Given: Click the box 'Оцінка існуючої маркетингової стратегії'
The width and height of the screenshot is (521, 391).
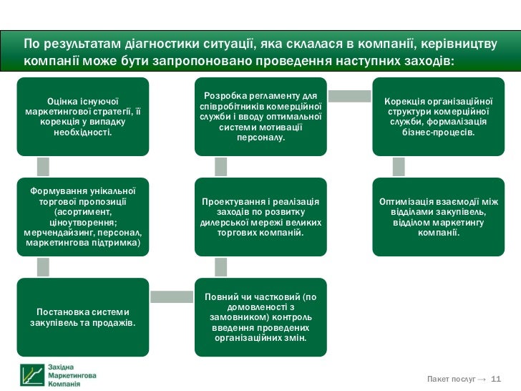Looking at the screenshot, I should [83, 117].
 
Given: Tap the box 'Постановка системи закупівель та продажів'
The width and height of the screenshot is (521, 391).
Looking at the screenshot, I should [83, 317].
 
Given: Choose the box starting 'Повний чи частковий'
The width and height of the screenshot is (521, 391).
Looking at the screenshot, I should [260, 317].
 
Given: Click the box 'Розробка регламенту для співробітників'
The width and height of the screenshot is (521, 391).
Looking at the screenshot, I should [260, 117].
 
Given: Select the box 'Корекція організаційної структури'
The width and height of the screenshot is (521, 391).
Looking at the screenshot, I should [439, 117].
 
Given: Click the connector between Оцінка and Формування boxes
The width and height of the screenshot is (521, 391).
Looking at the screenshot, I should [43, 167].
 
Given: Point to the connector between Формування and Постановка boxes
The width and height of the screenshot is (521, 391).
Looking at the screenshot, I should [43, 267].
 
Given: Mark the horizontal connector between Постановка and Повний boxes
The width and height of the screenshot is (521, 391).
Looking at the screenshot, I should [172, 296].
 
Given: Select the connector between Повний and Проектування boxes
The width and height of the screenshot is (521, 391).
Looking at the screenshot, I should [220, 267].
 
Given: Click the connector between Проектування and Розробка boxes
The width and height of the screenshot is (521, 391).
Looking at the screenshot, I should [220, 167].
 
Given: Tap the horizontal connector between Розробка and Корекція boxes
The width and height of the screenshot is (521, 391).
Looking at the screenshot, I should [349, 95].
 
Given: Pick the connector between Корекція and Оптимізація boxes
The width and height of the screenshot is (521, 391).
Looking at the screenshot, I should [399, 167].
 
